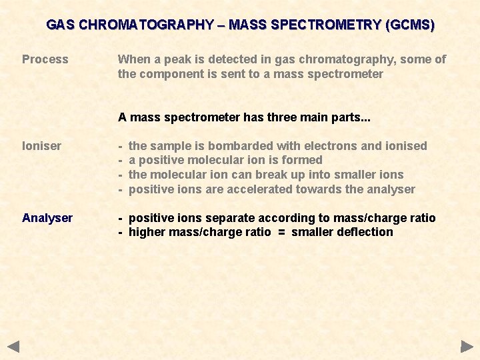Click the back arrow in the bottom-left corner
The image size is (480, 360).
click(x=13, y=347)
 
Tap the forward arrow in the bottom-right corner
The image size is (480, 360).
click(x=467, y=347)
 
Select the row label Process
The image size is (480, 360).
click(x=45, y=59)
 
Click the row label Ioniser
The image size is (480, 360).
click(x=42, y=146)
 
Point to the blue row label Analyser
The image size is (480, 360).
click(x=47, y=218)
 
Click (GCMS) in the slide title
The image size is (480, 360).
click(x=409, y=25)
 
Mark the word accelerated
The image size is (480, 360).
click(x=257, y=189)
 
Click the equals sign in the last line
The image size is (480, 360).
click(x=281, y=233)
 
